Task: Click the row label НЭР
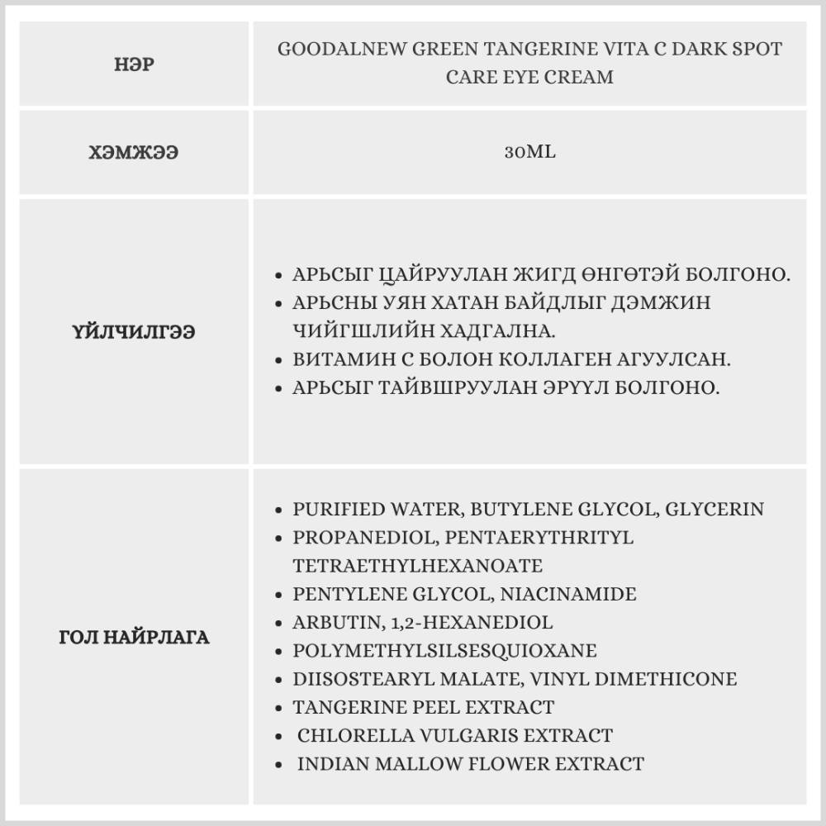point(134,64)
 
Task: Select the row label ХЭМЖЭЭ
point(134,153)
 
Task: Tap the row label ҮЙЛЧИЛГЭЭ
point(134,331)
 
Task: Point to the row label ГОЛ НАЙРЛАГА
point(134,638)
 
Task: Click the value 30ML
point(529,153)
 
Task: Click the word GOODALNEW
point(331,50)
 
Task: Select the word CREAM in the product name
point(583,78)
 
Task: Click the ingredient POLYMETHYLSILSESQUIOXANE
point(444,651)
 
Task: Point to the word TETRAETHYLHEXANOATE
point(417,566)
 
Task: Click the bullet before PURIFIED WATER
point(279,510)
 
